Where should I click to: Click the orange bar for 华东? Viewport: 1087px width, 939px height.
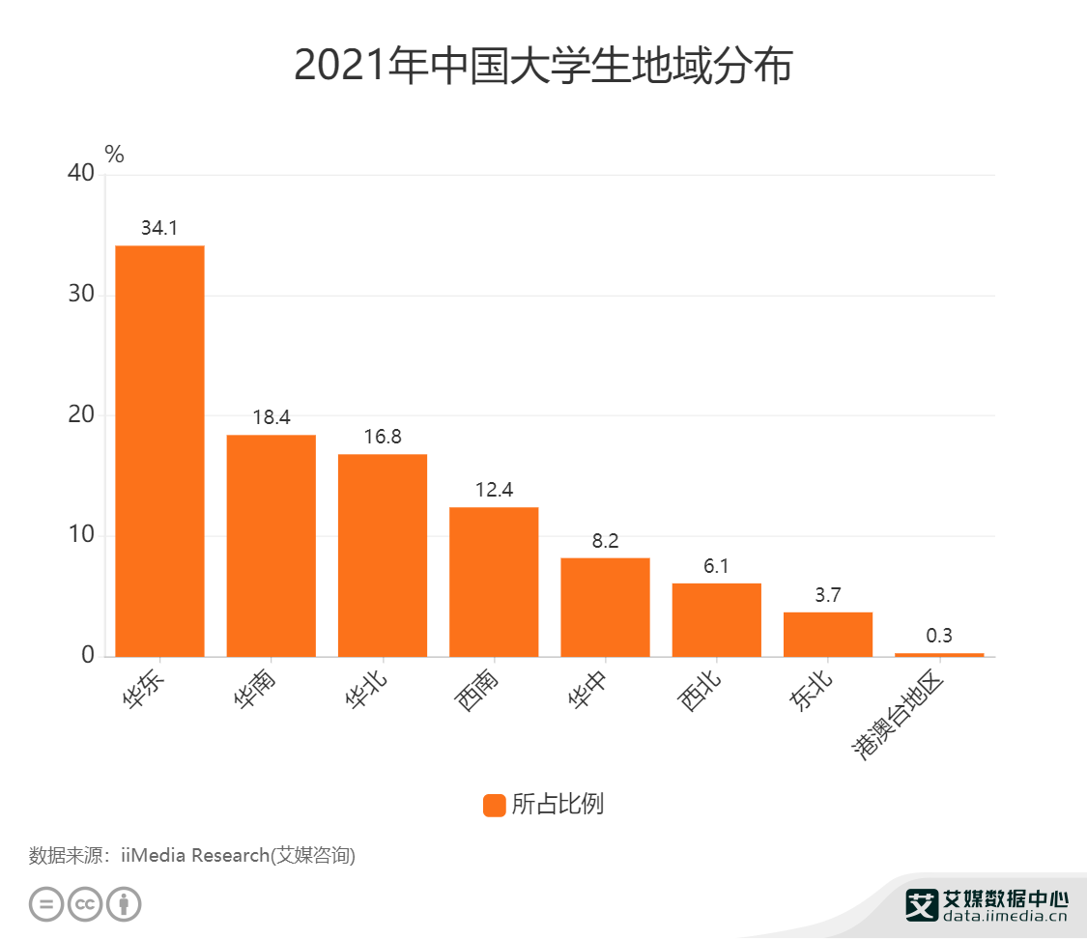(x=159, y=451)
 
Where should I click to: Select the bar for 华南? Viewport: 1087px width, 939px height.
(x=271, y=546)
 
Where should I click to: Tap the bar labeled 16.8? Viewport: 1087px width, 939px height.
(x=383, y=555)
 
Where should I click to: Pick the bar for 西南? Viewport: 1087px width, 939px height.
(x=494, y=582)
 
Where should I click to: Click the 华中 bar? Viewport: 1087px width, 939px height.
(x=605, y=607)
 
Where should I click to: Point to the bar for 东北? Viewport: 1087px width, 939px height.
(x=828, y=634)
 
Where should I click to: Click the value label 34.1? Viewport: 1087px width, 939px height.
(x=159, y=229)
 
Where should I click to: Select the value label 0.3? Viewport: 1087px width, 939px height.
(x=939, y=636)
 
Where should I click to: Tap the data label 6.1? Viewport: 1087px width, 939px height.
(x=716, y=566)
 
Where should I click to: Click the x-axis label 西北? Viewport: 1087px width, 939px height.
(x=701, y=693)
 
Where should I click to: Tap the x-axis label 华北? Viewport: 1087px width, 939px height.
(x=366, y=693)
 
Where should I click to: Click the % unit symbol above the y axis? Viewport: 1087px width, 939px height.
(x=114, y=154)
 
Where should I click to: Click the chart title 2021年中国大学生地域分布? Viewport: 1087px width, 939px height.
(x=543, y=67)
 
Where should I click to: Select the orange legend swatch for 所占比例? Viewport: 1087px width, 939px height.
(x=494, y=805)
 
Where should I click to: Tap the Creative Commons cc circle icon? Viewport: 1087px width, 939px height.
(x=85, y=904)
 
